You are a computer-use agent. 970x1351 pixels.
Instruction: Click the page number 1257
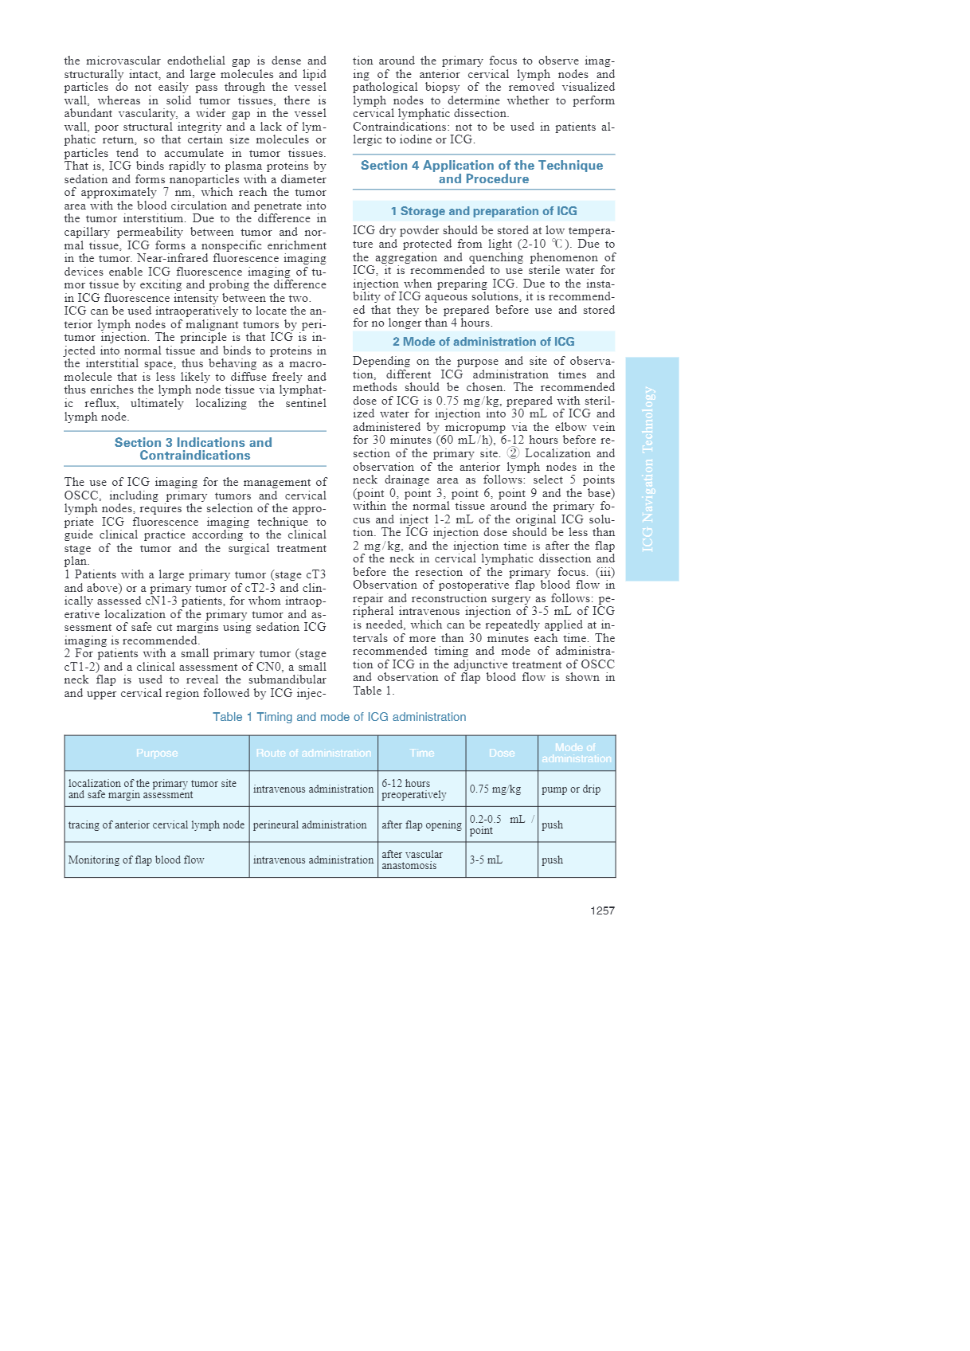point(602,910)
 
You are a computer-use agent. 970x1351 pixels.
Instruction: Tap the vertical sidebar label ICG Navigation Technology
point(648,468)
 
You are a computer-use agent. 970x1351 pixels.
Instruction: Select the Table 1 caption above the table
point(339,717)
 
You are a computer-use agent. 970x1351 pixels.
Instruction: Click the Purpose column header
point(157,753)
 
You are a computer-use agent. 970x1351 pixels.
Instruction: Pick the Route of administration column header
point(313,753)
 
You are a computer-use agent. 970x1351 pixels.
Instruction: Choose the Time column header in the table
point(422,753)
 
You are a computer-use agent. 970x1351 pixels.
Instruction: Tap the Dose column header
point(502,753)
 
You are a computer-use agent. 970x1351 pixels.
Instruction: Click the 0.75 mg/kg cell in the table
point(495,789)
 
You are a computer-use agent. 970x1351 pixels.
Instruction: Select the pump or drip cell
point(571,789)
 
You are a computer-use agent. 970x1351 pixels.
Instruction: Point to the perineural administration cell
point(310,824)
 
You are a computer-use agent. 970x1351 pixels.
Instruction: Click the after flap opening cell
point(421,824)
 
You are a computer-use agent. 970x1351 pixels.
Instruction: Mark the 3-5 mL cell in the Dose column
point(486,860)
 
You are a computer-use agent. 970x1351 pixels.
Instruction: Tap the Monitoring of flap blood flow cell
point(136,860)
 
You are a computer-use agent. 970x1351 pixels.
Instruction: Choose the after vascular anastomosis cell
point(412,860)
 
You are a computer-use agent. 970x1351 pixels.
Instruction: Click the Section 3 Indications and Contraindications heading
point(194,448)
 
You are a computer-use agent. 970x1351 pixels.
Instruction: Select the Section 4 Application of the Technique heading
point(483,172)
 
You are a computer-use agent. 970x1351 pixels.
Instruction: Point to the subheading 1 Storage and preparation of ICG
point(483,211)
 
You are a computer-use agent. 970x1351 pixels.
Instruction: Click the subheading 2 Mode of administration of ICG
point(483,342)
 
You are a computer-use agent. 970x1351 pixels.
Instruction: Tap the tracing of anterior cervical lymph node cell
point(156,824)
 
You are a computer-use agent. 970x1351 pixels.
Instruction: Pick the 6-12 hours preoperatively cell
point(413,789)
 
